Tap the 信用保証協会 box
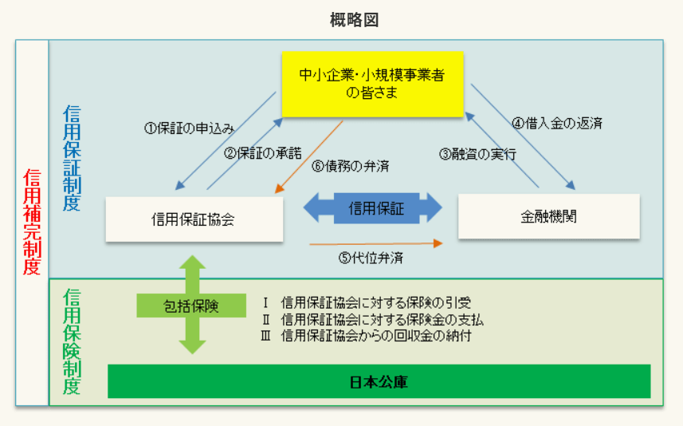[194, 219]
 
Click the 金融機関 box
[548, 215]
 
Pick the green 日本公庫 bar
[379, 381]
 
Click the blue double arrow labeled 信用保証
[373, 209]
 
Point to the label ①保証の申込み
[190, 127]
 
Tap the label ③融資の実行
[477, 154]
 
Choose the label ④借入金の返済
[556, 123]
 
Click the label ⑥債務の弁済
[344, 166]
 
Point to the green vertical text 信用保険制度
[72, 343]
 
